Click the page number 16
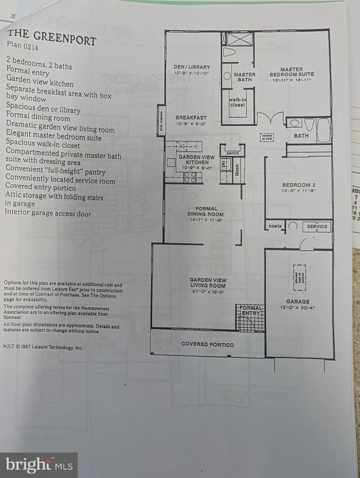pos(13,16)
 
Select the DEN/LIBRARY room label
pos(192,67)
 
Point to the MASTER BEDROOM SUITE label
pos(292,72)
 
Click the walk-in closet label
pos(237,102)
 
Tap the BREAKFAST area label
pos(191,118)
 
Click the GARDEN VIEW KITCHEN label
pos(197,160)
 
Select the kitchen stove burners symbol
pos(190,177)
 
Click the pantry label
pos(233,153)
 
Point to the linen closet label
pos(237,170)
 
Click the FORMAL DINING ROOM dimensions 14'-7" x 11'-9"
pos(205,220)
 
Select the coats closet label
pos(275,226)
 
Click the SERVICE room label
pos(317,226)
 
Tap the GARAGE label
pos(298,301)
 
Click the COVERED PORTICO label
pos(207,344)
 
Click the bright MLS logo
pos(39,465)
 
